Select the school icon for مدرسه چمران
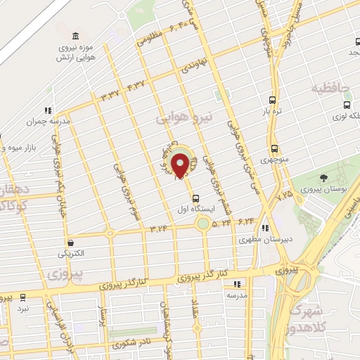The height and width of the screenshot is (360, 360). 48,110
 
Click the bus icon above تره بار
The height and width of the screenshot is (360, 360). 274,100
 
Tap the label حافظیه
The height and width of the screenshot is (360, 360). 331,89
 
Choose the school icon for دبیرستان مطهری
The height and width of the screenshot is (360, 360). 264,228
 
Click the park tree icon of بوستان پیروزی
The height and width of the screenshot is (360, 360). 323,177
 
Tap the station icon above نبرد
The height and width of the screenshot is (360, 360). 23,298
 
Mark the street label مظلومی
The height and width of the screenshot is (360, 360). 150,37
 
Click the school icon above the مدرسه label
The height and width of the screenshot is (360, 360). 237,284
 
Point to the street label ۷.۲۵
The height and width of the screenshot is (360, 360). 285,193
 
